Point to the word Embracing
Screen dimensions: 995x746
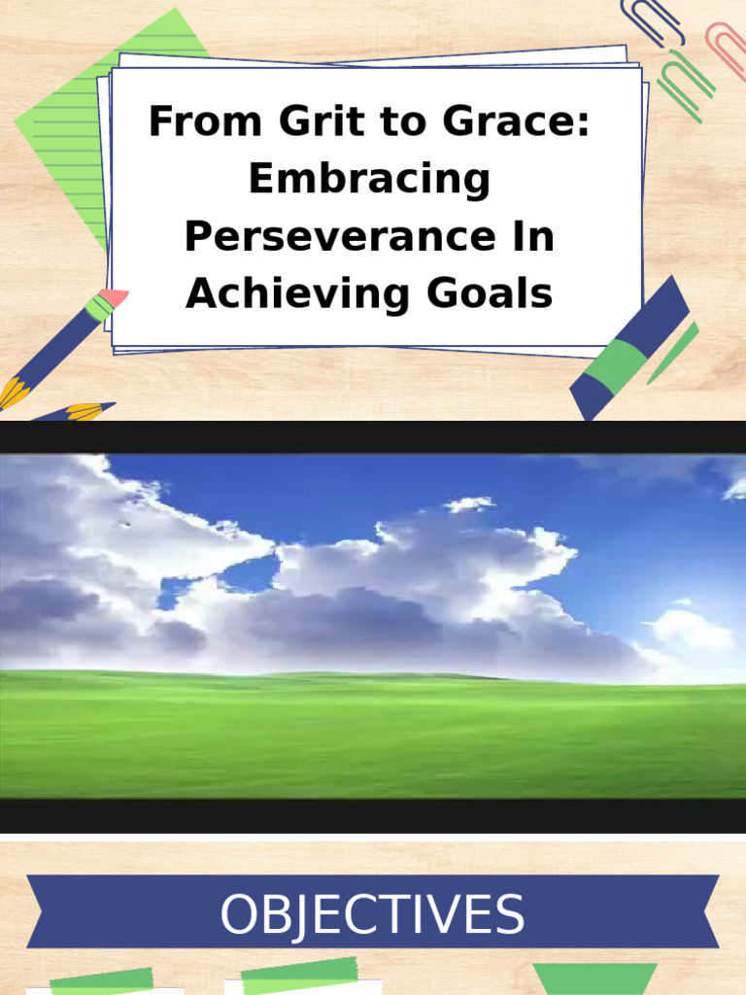[369, 181]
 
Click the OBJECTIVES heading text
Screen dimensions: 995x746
[372, 915]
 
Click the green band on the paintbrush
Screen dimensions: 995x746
[98, 309]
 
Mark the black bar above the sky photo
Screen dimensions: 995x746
[373, 436]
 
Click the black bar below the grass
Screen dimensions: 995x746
[373, 816]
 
